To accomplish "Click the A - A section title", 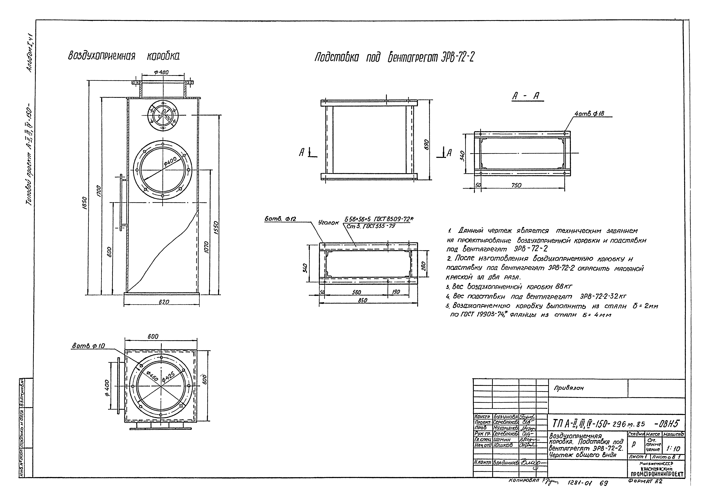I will (528, 97).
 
